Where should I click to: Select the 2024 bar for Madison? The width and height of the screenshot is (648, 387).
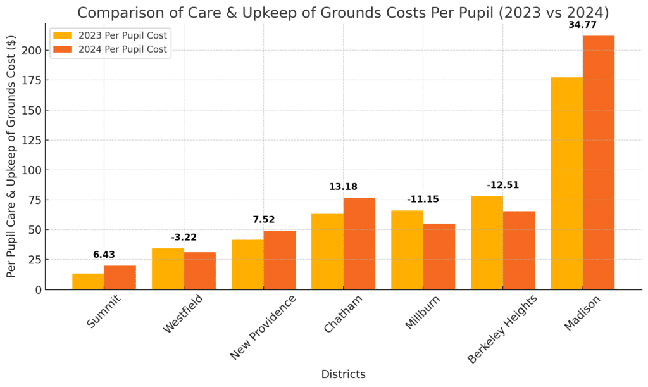click(x=598, y=162)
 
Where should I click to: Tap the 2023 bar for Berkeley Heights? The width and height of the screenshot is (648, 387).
click(x=487, y=243)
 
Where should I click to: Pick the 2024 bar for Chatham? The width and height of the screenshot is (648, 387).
click(x=359, y=244)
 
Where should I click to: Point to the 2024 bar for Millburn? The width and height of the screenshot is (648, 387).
click(x=439, y=257)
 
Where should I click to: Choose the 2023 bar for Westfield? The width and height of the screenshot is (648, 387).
click(x=168, y=269)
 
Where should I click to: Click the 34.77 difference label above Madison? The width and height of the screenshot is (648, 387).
click(x=582, y=25)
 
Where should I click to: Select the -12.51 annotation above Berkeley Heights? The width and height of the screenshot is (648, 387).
click(x=502, y=185)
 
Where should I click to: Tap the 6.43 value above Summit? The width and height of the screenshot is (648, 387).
click(x=104, y=255)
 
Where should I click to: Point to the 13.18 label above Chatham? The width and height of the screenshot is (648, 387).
click(x=343, y=187)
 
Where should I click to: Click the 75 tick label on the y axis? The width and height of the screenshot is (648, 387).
click(x=35, y=200)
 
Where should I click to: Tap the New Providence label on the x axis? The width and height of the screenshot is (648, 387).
click(x=263, y=327)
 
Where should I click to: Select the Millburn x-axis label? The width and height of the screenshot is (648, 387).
click(x=422, y=313)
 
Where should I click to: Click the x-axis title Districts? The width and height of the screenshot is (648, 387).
click(x=343, y=374)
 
